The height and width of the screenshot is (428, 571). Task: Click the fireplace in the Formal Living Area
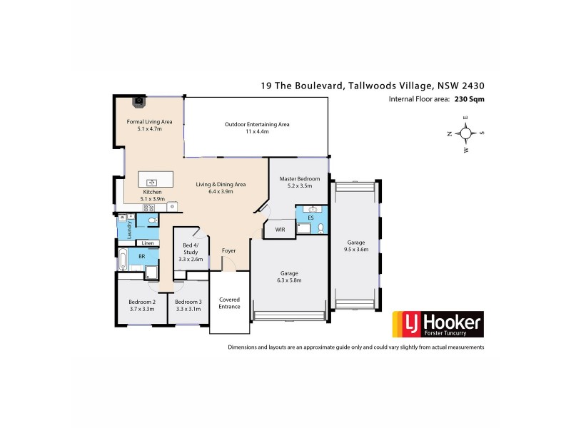coord(141,101)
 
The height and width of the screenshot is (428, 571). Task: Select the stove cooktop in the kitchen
coord(150,208)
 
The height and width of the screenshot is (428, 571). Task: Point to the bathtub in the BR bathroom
coord(123,260)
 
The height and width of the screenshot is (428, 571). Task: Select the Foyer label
coord(228,250)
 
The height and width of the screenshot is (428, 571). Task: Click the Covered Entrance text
coord(229,303)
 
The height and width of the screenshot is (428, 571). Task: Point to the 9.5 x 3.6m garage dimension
coord(355,250)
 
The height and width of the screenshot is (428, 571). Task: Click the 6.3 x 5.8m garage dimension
coord(289,281)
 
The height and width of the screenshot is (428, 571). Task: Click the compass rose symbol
coord(465,133)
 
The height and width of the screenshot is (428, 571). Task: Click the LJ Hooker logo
coord(439,325)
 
